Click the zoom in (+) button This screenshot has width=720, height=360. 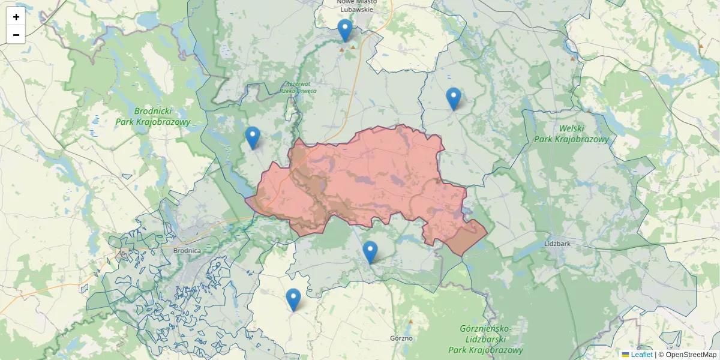coord(16,17)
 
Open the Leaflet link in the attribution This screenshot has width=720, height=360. coord(641,355)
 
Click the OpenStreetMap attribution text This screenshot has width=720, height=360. coord(691,355)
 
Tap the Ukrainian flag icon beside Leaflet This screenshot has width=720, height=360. coord(626,355)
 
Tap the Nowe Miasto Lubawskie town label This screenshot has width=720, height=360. coord(356,6)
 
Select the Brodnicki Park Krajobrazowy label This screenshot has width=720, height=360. coord(153,116)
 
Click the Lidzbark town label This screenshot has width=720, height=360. coord(556,244)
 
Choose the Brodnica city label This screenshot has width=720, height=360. coord(186,250)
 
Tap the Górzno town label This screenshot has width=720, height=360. coord(401,338)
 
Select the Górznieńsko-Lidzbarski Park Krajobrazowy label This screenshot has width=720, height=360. coord(485,340)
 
